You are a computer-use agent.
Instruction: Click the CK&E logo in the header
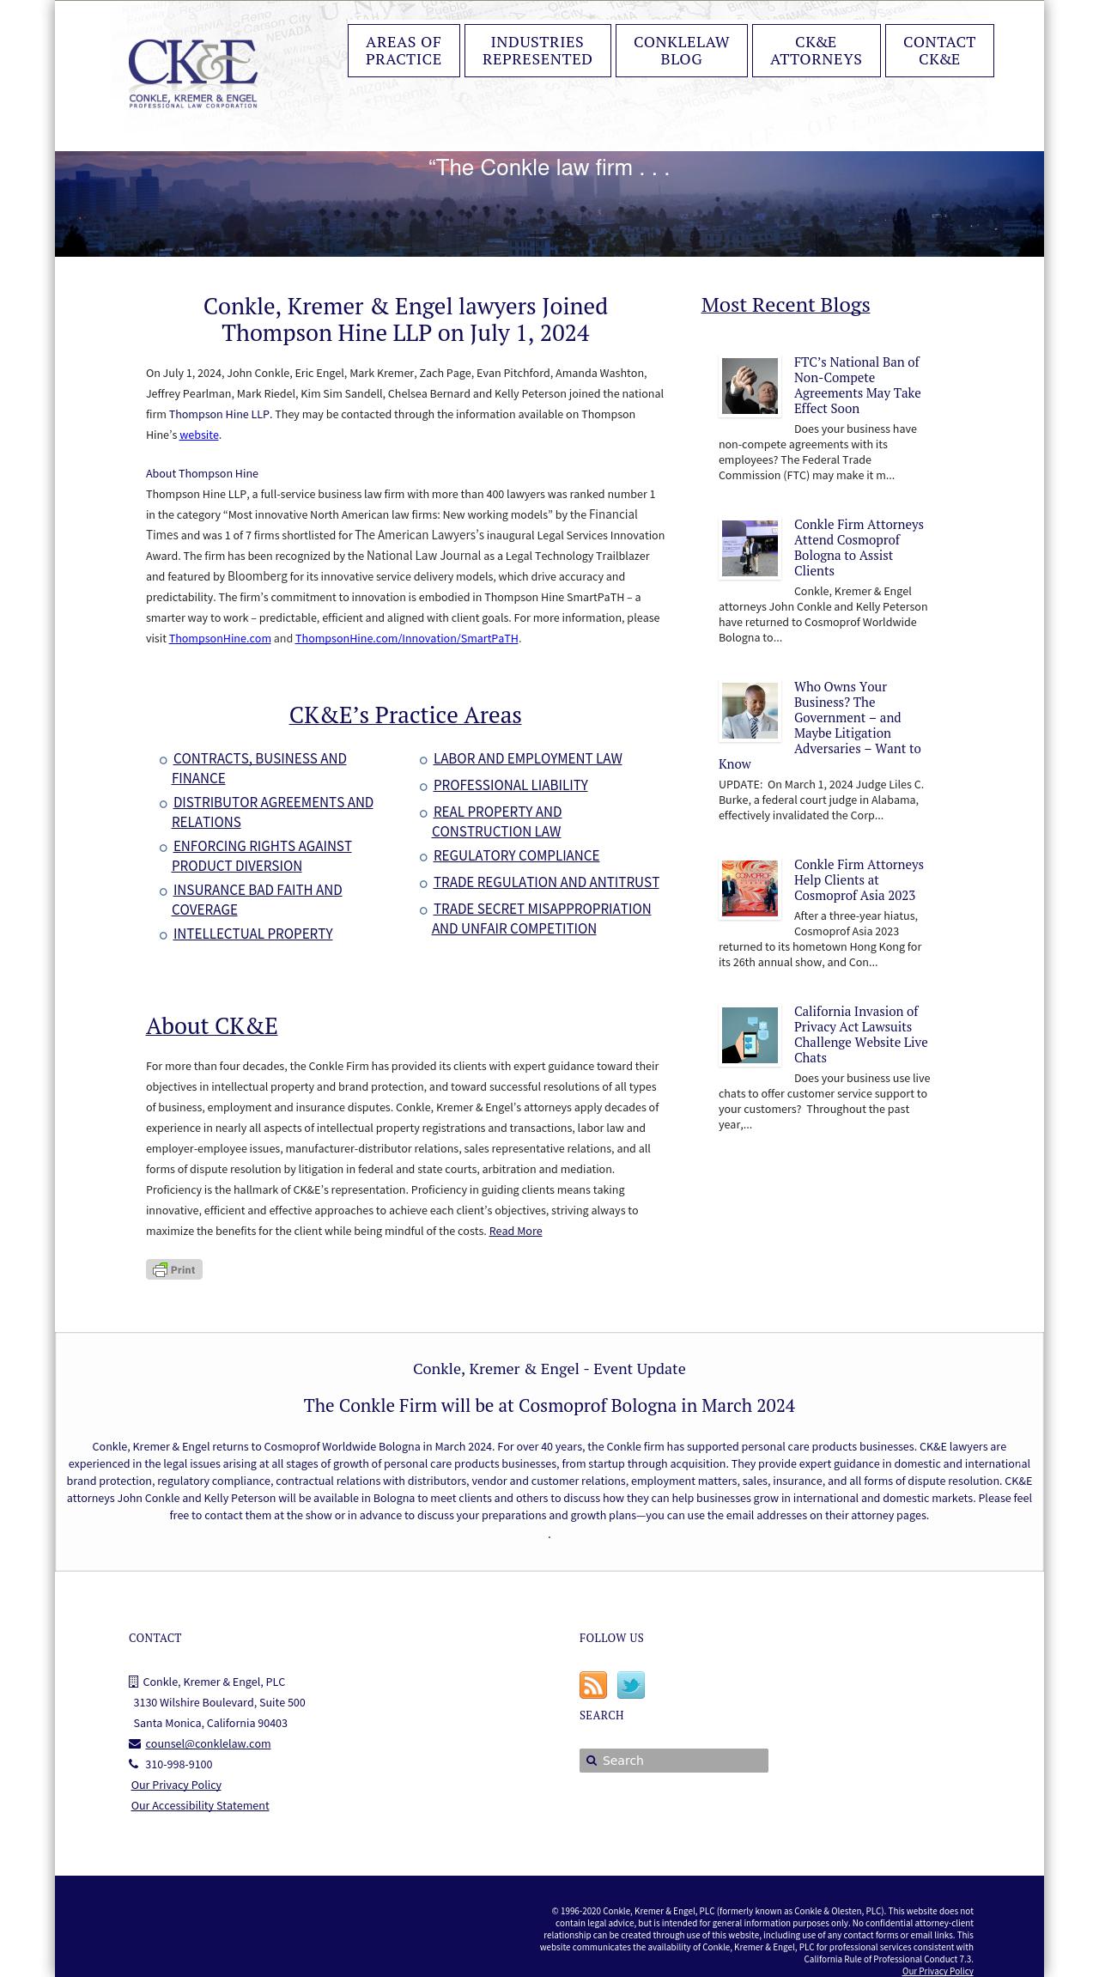pos(193,73)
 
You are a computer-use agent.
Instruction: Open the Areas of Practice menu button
pos(404,51)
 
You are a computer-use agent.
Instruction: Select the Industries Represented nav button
pos(537,51)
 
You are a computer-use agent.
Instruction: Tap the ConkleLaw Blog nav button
pos(682,51)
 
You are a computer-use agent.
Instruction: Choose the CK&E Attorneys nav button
pos(816,51)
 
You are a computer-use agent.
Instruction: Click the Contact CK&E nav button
pos(939,51)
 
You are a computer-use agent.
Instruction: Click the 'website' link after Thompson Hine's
pos(199,435)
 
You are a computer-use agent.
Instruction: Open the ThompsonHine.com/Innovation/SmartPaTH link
pos(406,639)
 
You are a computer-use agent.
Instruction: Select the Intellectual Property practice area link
pos(252,934)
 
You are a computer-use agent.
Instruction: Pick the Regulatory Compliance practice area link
pos(516,855)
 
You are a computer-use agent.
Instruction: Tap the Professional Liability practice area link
pos(510,785)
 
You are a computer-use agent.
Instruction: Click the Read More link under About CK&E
pos(515,1232)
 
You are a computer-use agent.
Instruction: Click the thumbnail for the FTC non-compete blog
pos(750,386)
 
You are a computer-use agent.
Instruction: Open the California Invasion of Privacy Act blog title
pos(860,1034)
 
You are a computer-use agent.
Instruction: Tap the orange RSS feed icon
pos(593,1685)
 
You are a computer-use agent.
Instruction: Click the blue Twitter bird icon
pos(631,1685)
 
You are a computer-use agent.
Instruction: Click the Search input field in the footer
pos(678,1761)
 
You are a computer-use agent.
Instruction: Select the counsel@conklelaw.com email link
pos(208,1744)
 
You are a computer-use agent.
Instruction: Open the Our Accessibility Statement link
pos(200,1806)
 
